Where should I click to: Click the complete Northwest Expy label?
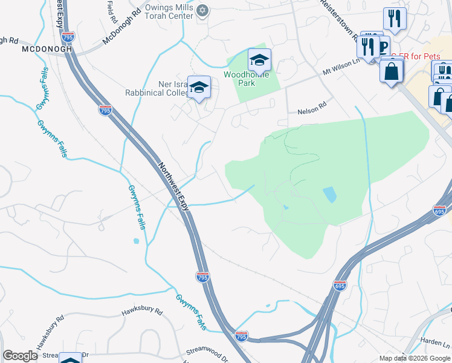(174, 186)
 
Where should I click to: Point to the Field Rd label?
(111, 11)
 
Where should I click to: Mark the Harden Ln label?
(433, 342)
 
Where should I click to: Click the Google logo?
(20, 356)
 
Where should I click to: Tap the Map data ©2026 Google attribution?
(414, 358)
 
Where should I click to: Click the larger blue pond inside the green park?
(330, 194)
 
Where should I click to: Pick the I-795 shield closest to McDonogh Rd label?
(68, 36)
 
